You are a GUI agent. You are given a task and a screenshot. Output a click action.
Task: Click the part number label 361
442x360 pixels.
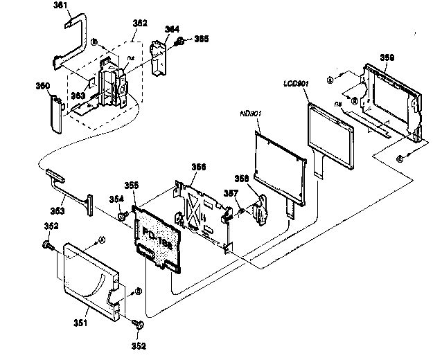pyautogui.click(x=61, y=6)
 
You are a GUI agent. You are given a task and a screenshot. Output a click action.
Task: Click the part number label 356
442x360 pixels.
pyautogui.click(x=199, y=167)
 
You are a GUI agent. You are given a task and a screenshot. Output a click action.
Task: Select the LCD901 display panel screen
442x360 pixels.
pyautogui.click(x=330, y=135)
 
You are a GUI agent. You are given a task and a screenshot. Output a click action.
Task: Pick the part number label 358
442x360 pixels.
pyautogui.click(x=260, y=179)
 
